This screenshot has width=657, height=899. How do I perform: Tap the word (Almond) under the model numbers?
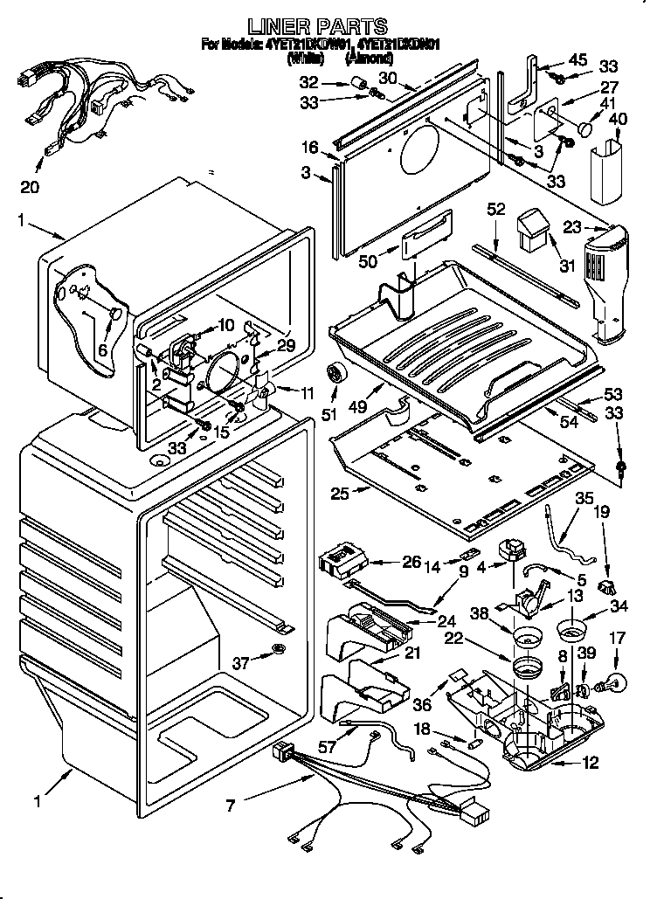pyautogui.click(x=369, y=58)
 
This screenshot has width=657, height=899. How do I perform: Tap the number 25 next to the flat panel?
pyautogui.click(x=341, y=494)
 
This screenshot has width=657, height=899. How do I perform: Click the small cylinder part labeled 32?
pyautogui.click(x=356, y=83)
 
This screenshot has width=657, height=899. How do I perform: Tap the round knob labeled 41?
pyautogui.click(x=584, y=129)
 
